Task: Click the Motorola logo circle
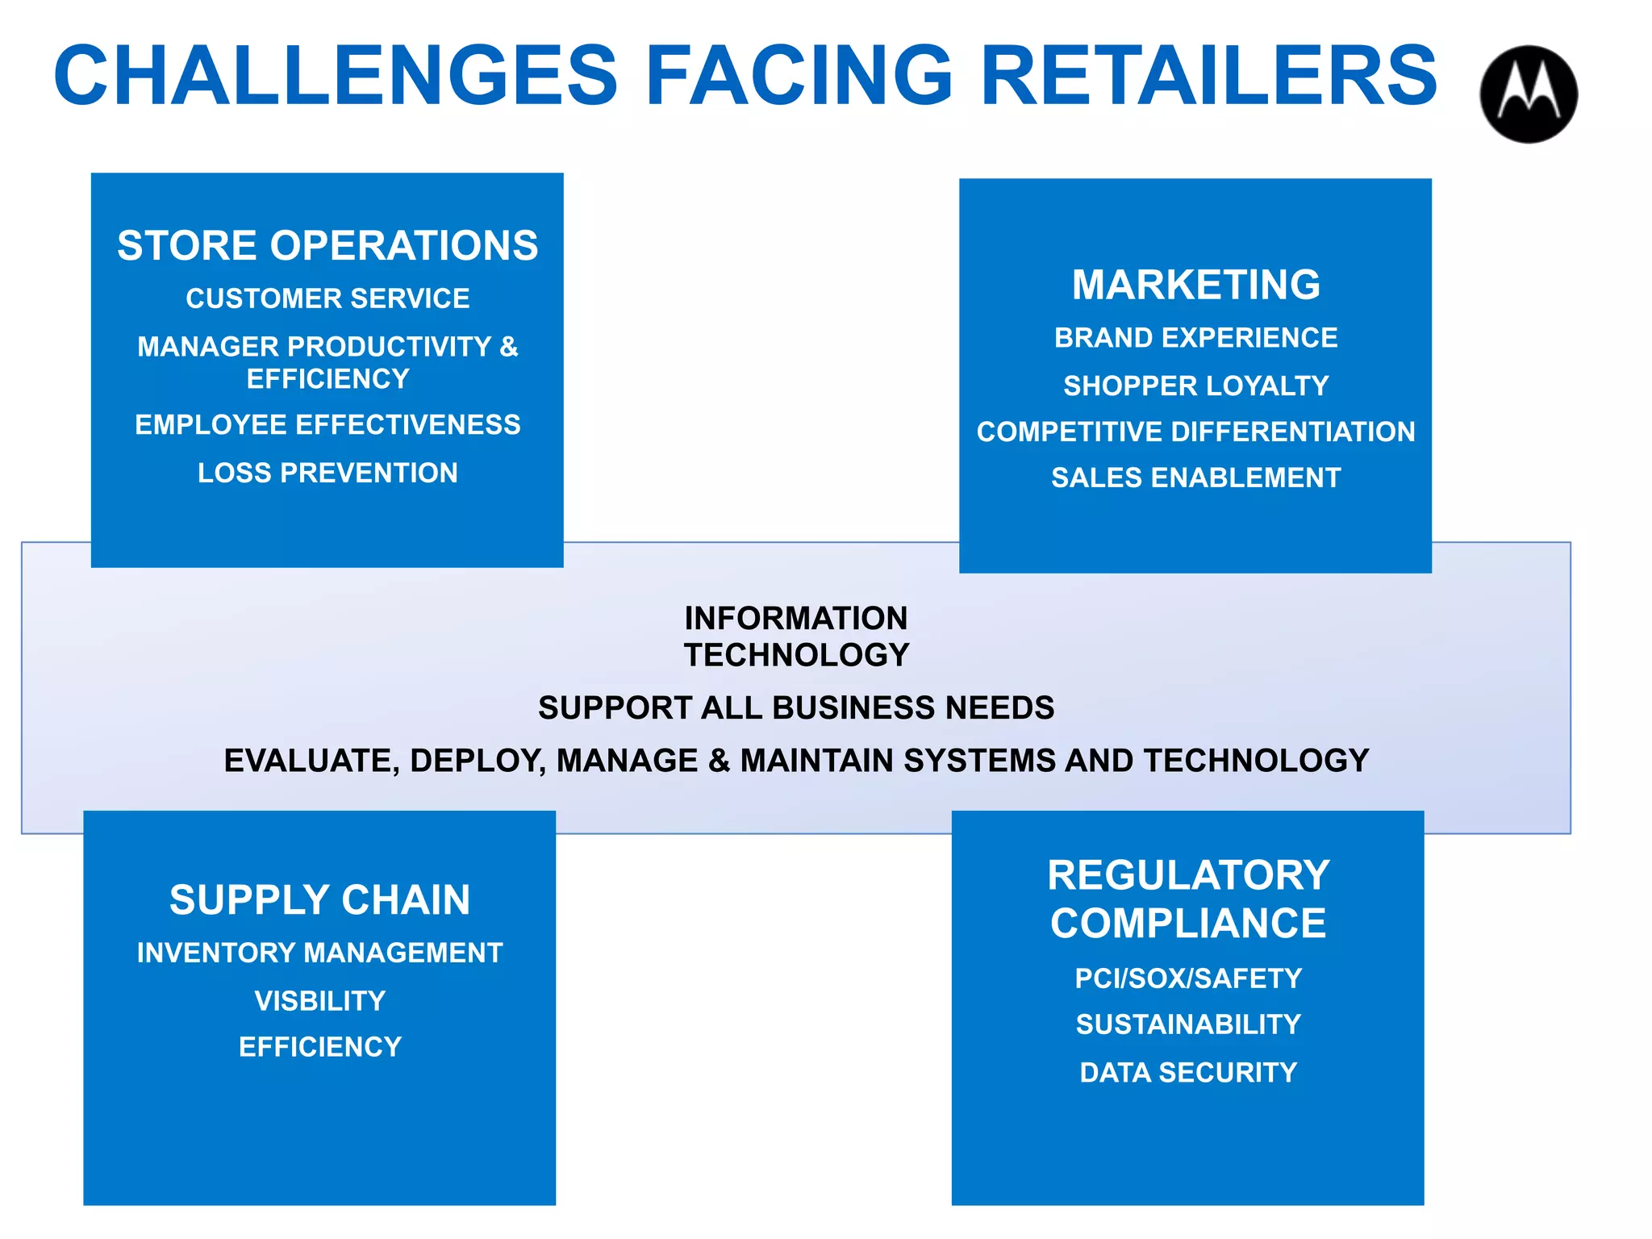1528,94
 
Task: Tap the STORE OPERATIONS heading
327,245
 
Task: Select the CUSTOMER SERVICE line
327,298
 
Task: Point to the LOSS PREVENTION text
327,473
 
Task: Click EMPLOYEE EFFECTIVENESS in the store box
327,425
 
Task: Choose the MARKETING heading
1195,285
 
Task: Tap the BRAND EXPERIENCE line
1195,338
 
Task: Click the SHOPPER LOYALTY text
1195,386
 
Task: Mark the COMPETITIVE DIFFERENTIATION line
1195,432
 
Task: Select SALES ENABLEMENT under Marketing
1195,478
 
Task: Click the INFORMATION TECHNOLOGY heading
796,636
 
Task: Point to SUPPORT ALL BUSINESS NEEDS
796,708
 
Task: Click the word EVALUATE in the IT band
311,761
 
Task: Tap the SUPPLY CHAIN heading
319,900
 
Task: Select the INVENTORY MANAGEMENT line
319,953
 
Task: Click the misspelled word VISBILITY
319,1001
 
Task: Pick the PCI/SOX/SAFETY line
1188,978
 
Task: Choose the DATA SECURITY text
1188,1073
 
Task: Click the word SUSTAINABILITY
1188,1024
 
